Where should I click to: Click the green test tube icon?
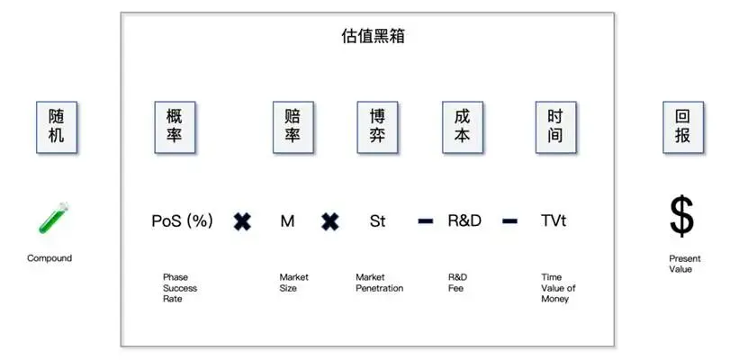pyautogui.click(x=53, y=219)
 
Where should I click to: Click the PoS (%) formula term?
pyautogui.click(x=182, y=220)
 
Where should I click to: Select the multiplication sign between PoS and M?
pyautogui.click(x=242, y=221)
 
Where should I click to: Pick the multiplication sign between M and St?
pyautogui.click(x=330, y=221)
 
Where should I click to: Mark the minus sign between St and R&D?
pyautogui.click(x=426, y=221)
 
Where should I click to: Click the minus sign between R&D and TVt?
pyautogui.click(x=509, y=221)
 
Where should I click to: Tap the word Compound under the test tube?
pyautogui.click(x=50, y=258)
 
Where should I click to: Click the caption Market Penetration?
pyautogui.click(x=379, y=283)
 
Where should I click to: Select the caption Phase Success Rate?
pyautogui.click(x=179, y=288)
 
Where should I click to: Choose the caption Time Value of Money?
pyautogui.click(x=558, y=288)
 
